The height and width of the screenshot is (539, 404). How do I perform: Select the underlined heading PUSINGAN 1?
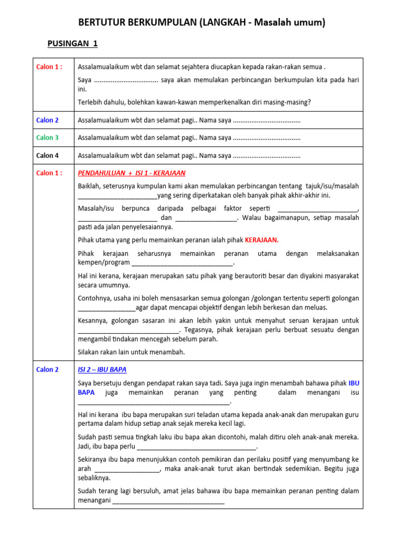tap(73, 44)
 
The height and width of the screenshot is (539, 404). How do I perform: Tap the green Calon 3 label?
tap(47, 137)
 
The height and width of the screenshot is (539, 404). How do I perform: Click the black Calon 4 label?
tap(47, 155)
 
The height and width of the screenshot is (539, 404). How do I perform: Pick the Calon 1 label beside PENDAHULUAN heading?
tap(49, 173)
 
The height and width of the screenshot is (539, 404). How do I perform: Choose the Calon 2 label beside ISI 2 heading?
tap(47, 370)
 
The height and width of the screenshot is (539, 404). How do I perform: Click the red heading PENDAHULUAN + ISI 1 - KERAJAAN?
tap(132, 173)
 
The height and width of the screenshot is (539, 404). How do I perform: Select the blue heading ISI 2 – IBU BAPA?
tap(102, 370)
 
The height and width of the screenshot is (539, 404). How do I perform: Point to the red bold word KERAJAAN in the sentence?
tap(261, 240)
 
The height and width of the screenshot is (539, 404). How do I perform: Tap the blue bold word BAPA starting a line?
tap(86, 393)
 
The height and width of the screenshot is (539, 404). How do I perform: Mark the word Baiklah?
tap(90, 186)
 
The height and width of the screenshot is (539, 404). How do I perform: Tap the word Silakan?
tap(89, 352)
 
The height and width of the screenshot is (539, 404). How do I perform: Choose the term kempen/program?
tap(104, 262)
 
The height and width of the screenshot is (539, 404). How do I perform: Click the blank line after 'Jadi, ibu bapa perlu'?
tap(197, 447)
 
